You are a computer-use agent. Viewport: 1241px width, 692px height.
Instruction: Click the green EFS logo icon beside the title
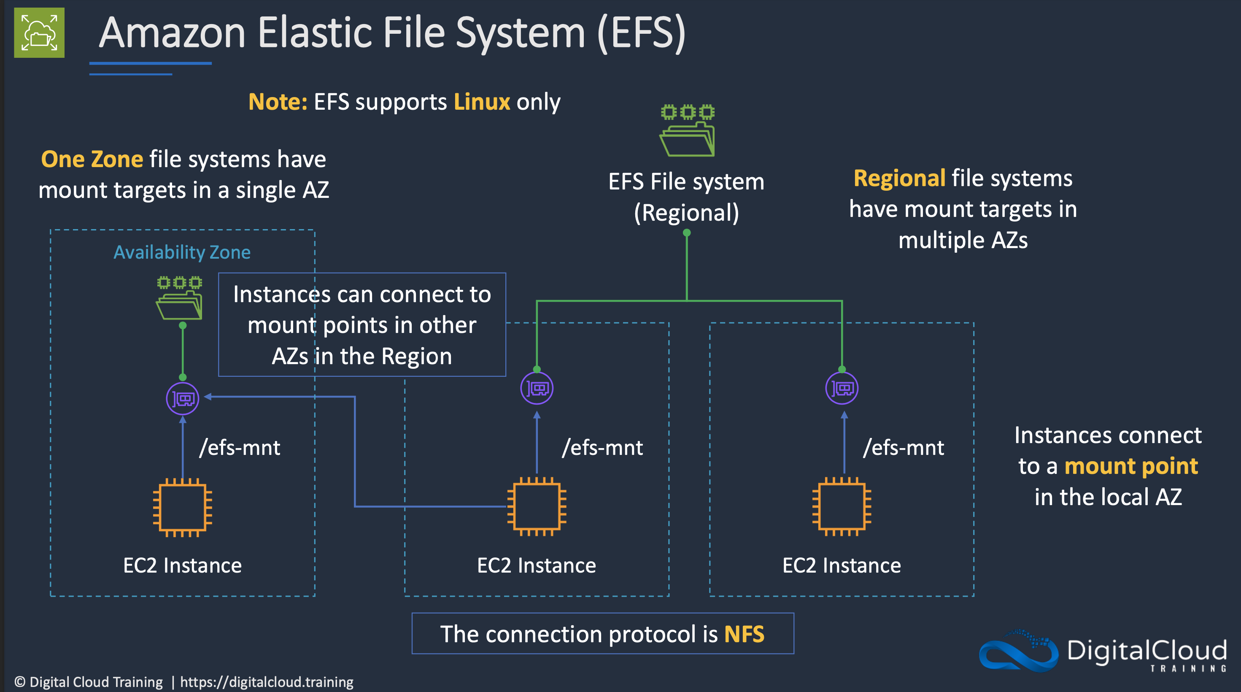pos(39,33)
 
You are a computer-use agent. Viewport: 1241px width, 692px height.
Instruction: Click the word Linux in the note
pos(482,102)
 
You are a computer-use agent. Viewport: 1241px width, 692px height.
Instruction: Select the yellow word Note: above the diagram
pos(278,102)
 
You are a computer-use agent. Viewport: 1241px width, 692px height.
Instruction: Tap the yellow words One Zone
pos(92,159)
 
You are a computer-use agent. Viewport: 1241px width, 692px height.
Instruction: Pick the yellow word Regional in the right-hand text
pos(899,178)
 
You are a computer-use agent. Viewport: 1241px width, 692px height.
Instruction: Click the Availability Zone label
pos(182,252)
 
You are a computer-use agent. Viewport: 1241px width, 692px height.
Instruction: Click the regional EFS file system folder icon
pos(687,130)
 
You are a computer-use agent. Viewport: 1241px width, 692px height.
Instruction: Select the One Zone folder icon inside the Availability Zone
pos(179,298)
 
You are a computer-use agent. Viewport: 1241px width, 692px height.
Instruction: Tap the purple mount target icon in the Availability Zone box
pos(183,398)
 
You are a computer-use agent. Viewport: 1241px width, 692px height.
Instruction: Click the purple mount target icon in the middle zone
pos(537,388)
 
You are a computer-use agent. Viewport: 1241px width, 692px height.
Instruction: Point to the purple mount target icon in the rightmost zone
pos(842,388)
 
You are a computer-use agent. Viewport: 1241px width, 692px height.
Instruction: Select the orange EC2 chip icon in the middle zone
pos(537,506)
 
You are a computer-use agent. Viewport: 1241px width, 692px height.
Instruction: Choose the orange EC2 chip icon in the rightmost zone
pos(842,506)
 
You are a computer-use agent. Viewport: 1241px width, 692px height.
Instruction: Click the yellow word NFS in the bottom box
pos(745,634)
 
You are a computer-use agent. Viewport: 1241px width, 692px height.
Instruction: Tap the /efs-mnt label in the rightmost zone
pos(903,448)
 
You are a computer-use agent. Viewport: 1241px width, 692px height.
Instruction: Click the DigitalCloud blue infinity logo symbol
pos(1018,651)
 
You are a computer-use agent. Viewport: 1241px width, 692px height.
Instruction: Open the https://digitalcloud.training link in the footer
pos(267,682)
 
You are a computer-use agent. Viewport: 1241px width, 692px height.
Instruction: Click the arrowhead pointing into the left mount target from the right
pos(208,397)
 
